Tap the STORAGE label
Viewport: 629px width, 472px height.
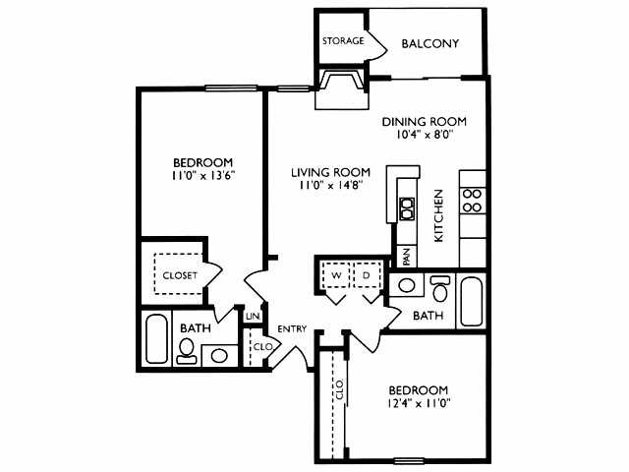point(343,41)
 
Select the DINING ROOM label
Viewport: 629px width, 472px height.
point(424,122)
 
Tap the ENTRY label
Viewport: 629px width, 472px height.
point(292,328)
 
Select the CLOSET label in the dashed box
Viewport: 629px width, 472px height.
point(180,275)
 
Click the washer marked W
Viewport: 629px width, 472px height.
point(335,276)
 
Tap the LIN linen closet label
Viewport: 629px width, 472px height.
point(253,316)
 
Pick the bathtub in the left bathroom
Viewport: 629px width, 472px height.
point(156,338)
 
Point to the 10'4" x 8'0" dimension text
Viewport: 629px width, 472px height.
point(424,137)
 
